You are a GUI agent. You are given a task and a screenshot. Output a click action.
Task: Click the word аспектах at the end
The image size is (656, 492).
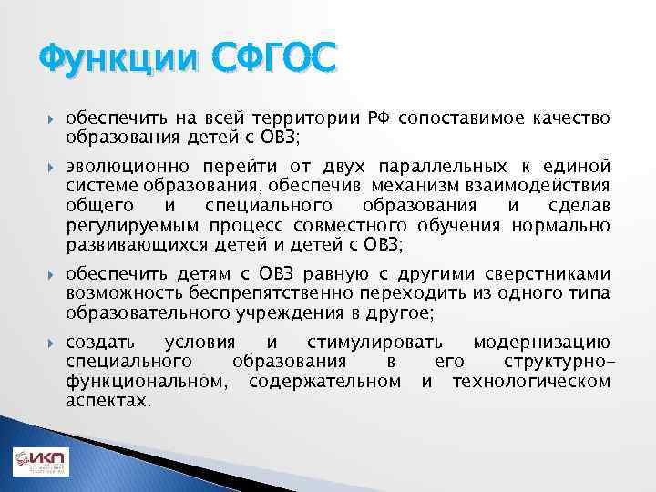108,399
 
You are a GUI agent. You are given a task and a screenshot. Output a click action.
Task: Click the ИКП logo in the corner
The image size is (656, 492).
40,463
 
